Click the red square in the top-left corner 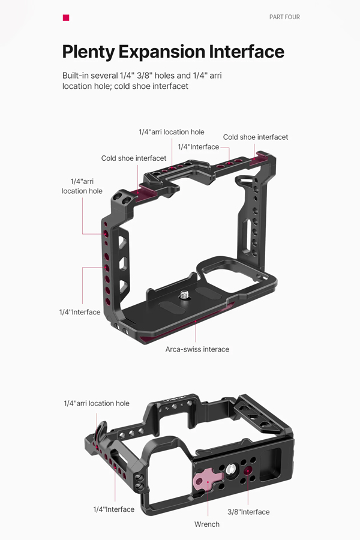pos(66,17)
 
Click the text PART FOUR pos(284,17)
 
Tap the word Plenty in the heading pos(88,52)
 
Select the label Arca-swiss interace pos(197,349)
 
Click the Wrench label pos(207,524)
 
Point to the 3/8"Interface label pos(248,512)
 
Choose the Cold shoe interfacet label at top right pos(256,137)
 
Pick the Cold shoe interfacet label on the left pos(134,158)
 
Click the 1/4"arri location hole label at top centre pos(172,132)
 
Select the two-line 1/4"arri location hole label pos(82,186)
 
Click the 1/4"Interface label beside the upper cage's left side pos(80,312)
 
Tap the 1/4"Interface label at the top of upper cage pos(199,147)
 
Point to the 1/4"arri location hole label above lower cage pos(97,403)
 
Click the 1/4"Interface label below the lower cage pos(114,509)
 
